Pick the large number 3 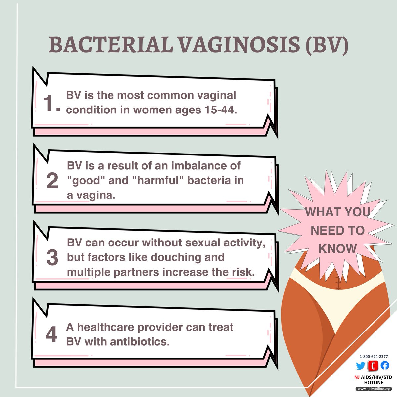pyautogui.click(x=52, y=258)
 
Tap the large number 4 pyautogui.click(x=51, y=334)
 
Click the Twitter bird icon pyautogui.click(x=360, y=365)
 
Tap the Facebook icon pyautogui.click(x=385, y=365)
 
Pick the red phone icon pyautogui.click(x=373, y=365)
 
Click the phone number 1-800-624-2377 pyautogui.click(x=374, y=356)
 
